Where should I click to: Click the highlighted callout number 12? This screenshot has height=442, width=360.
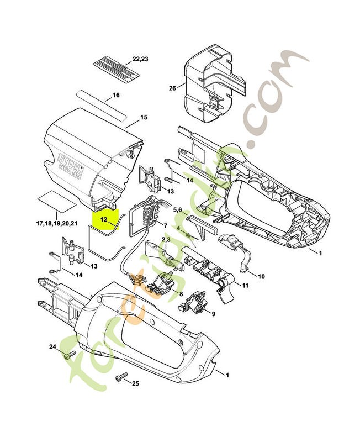pyautogui.click(x=104, y=219)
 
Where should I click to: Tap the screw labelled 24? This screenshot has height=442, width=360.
pyautogui.click(x=69, y=356)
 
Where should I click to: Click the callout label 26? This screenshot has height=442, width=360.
pyautogui.click(x=172, y=88)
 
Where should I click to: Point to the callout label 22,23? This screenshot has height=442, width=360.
pyautogui.click(x=140, y=59)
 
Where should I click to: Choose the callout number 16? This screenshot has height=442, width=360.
pyautogui.click(x=115, y=95)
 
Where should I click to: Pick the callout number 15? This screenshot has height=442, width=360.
pyautogui.click(x=144, y=117)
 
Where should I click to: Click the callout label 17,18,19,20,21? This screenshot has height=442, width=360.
pyautogui.click(x=57, y=223)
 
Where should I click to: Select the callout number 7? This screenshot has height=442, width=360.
pyautogui.click(x=165, y=225)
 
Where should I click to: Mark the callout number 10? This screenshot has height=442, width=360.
pyautogui.click(x=261, y=275)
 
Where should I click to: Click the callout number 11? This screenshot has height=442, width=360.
pyautogui.click(x=246, y=286)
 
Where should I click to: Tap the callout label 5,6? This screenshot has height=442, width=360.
pyautogui.click(x=178, y=210)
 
